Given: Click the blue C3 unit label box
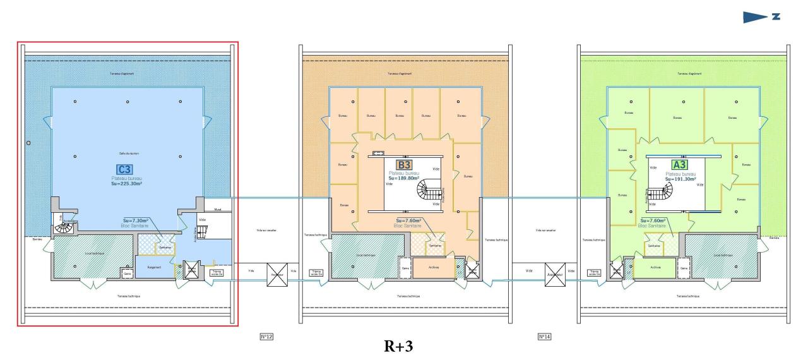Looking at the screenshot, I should click(124, 169).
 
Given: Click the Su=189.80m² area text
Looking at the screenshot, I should click(404, 178).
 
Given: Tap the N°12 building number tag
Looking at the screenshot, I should click(266, 337).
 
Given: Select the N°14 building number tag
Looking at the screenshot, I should click(544, 337).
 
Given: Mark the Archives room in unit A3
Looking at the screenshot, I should click(651, 268).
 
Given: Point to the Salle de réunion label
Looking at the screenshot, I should click(128, 153).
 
